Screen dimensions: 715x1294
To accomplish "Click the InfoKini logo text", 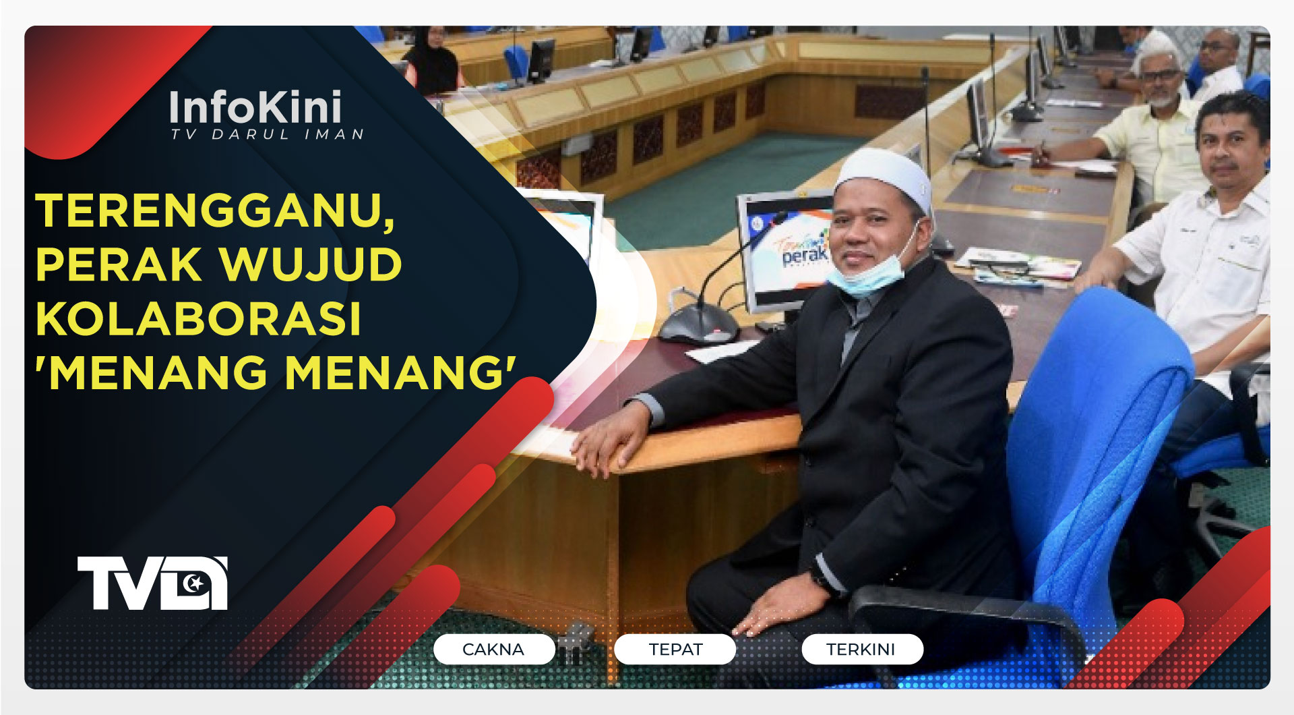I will [255, 108].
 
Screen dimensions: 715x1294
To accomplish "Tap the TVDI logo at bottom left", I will [152, 583].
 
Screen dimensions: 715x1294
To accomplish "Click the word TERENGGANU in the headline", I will [214, 211].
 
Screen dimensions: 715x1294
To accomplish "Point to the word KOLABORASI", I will [199, 318].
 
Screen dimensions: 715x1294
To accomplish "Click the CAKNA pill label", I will [493, 650].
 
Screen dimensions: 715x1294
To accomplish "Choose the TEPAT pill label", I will [675, 650].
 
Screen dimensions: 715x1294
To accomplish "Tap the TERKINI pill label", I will [861, 650].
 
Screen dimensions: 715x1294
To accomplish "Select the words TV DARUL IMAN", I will [267, 135].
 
